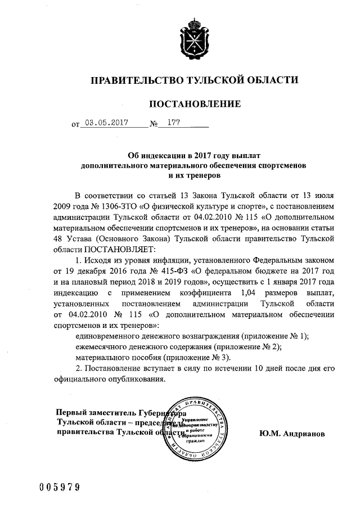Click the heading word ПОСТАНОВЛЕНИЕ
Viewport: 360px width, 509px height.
(x=194, y=103)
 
